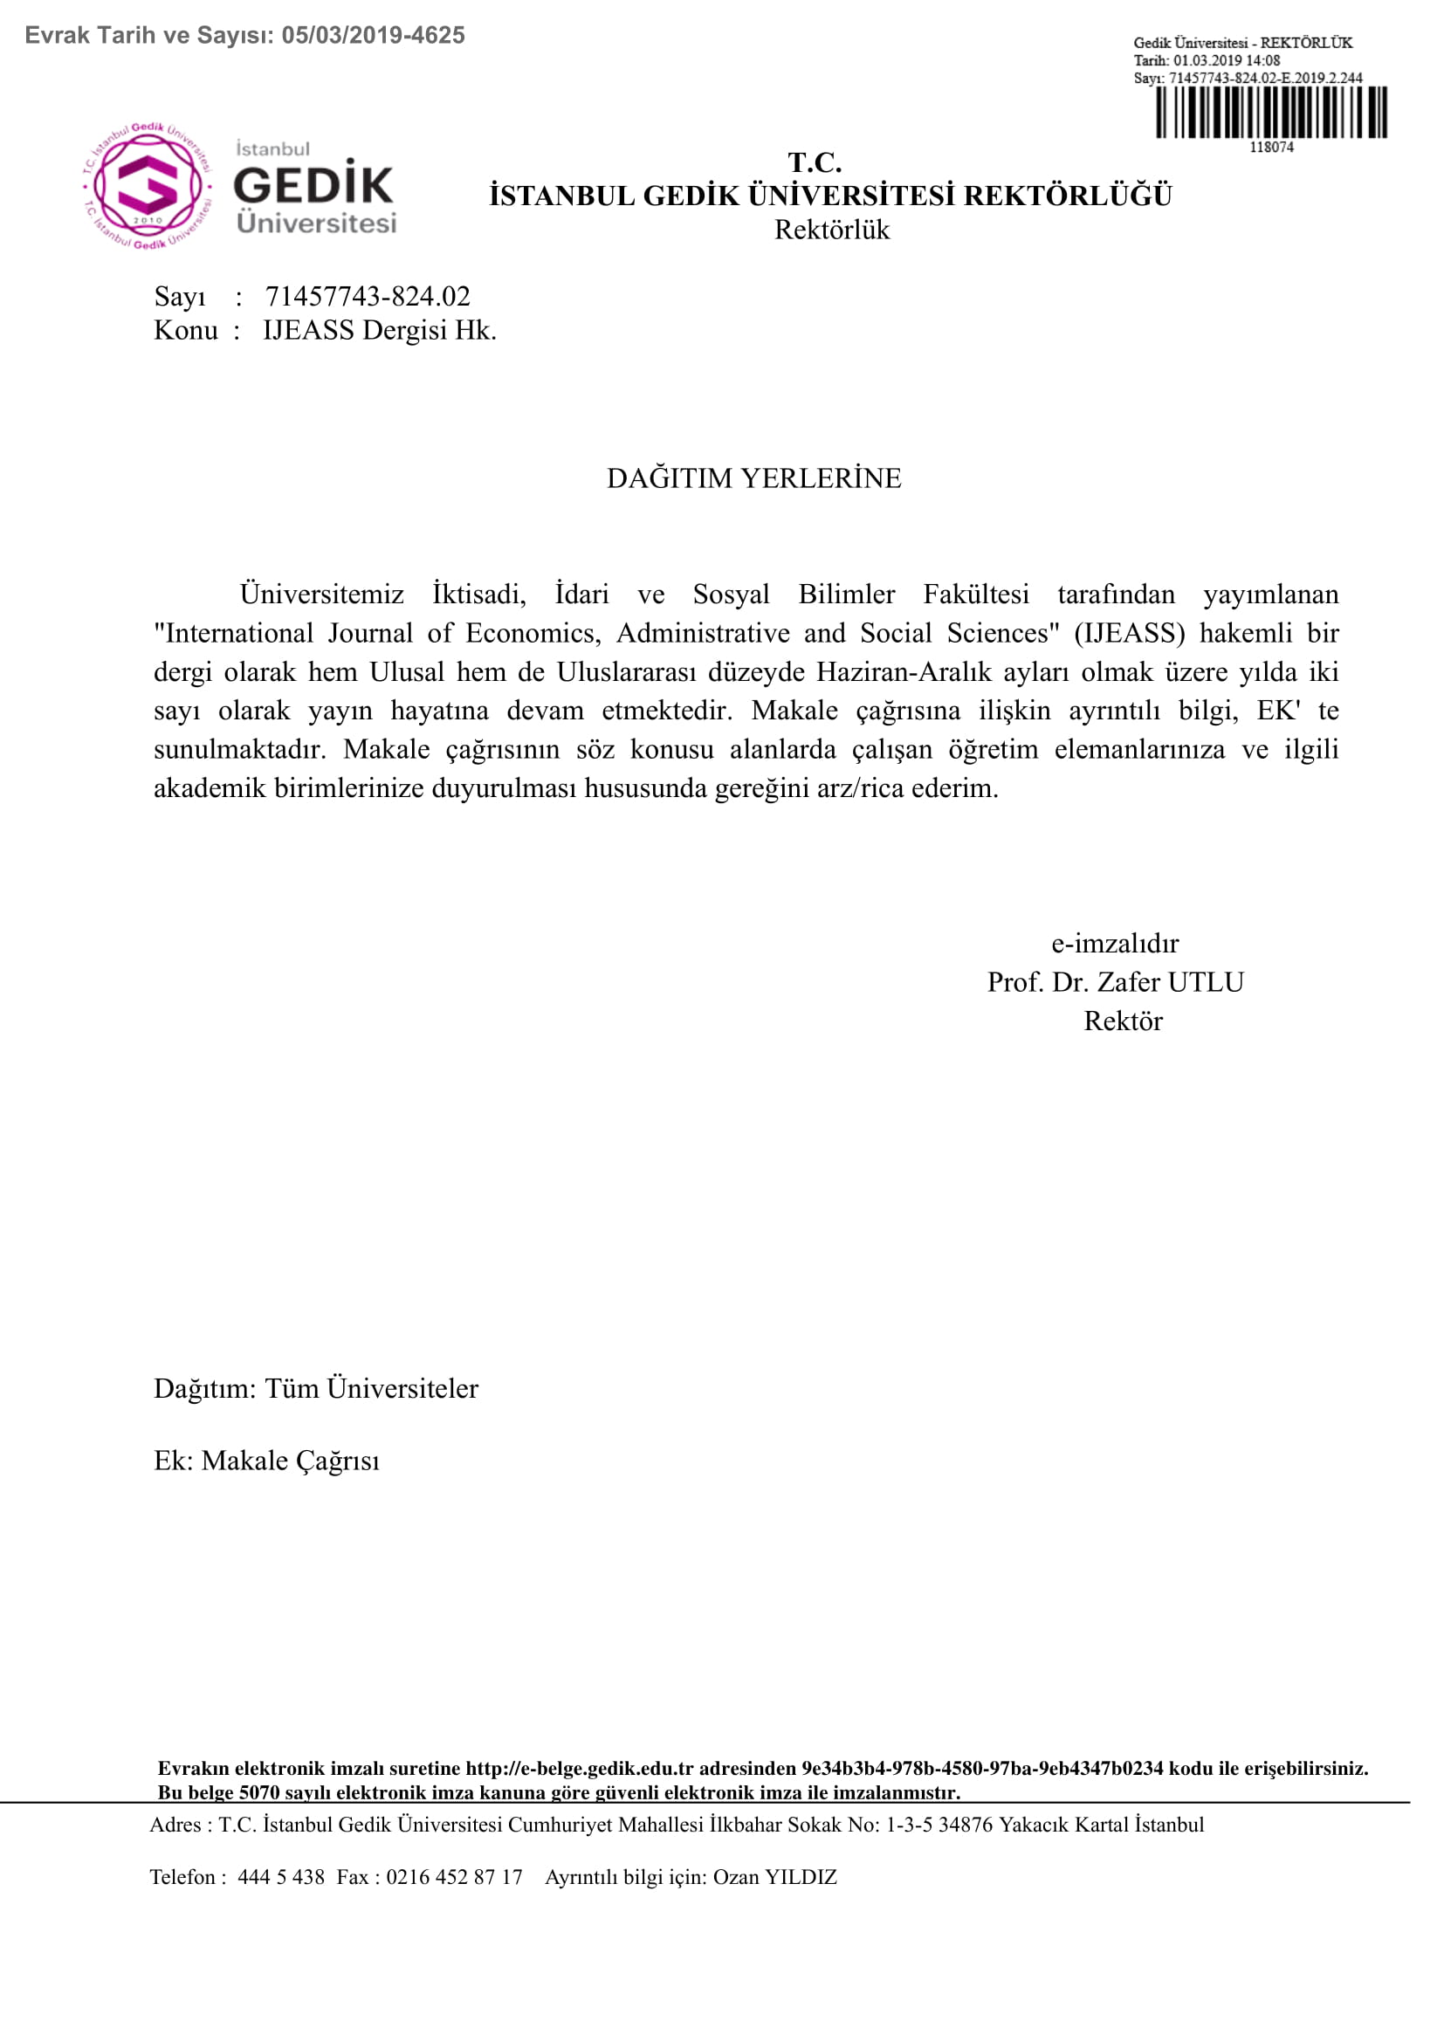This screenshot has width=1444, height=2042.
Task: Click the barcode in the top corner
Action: [x=1270, y=112]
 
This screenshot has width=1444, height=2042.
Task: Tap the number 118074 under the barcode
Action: [x=1270, y=148]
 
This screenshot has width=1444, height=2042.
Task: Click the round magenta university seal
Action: [x=148, y=187]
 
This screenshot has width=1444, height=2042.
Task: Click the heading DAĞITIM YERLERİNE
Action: [x=753, y=478]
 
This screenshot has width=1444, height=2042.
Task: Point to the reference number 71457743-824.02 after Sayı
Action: [x=368, y=296]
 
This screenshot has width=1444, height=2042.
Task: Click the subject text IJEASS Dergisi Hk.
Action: [x=380, y=331]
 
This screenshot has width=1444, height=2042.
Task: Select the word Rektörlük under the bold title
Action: [x=831, y=230]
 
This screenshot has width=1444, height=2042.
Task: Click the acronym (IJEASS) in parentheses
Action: [x=1129, y=633]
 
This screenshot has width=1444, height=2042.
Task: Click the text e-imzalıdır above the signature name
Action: [x=1115, y=944]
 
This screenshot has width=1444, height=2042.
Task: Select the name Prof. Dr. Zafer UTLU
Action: [x=1115, y=983]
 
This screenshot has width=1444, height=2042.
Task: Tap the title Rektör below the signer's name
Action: [x=1122, y=1021]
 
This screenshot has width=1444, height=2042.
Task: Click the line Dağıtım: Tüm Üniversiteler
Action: [x=316, y=1389]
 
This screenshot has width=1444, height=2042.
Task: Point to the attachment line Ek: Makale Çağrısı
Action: [x=267, y=1461]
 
